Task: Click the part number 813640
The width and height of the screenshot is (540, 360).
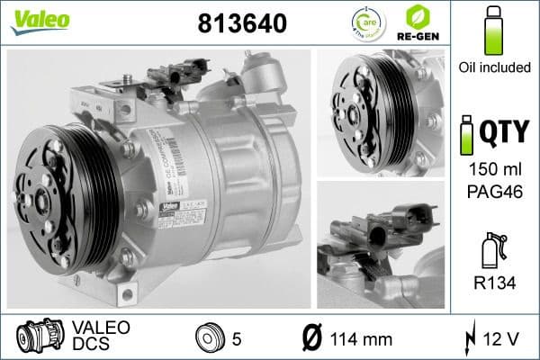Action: coord(241,24)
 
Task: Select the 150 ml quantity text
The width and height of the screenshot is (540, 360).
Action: coord(492,170)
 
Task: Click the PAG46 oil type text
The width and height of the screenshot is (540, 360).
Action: coord(492,191)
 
